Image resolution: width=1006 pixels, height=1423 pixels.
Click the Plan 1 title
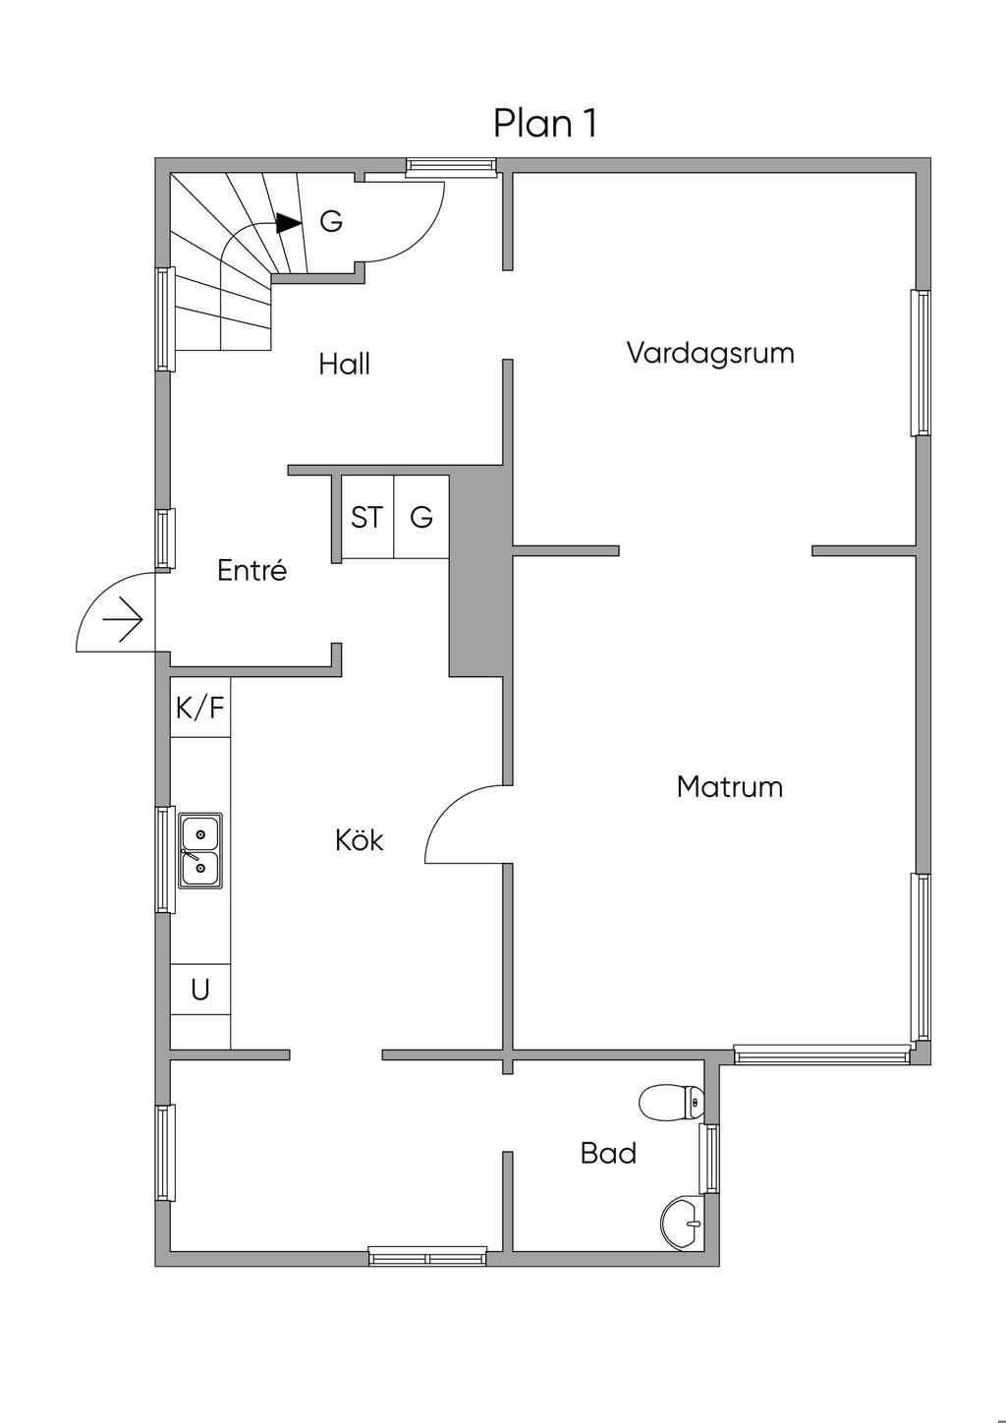click(x=545, y=124)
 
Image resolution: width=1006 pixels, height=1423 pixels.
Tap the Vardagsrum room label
click(x=710, y=353)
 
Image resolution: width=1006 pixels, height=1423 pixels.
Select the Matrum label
click(x=730, y=787)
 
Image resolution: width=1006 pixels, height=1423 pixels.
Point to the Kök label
click(x=359, y=840)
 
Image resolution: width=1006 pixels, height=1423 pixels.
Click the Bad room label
click(x=608, y=1153)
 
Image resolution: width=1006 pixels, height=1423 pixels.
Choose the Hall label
click(x=344, y=365)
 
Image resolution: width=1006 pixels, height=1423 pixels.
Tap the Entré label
click(x=251, y=571)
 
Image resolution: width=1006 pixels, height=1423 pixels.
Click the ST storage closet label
click(x=366, y=517)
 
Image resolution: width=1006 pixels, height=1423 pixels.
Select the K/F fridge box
click(x=200, y=707)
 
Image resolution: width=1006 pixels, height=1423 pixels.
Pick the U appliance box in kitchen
click(x=200, y=990)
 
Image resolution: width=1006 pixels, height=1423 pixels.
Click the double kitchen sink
click(x=199, y=851)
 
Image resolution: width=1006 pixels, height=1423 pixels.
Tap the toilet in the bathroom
click(x=671, y=1103)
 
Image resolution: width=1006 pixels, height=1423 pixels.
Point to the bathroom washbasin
click(x=680, y=1223)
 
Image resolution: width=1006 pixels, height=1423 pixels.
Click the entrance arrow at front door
click(x=124, y=620)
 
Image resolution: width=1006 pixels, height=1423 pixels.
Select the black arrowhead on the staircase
click(x=288, y=224)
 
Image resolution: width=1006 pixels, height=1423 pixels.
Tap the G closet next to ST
click(x=421, y=517)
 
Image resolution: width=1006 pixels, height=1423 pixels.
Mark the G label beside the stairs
click(x=331, y=222)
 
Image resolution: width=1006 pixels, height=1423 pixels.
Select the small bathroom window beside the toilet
click(x=708, y=1158)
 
